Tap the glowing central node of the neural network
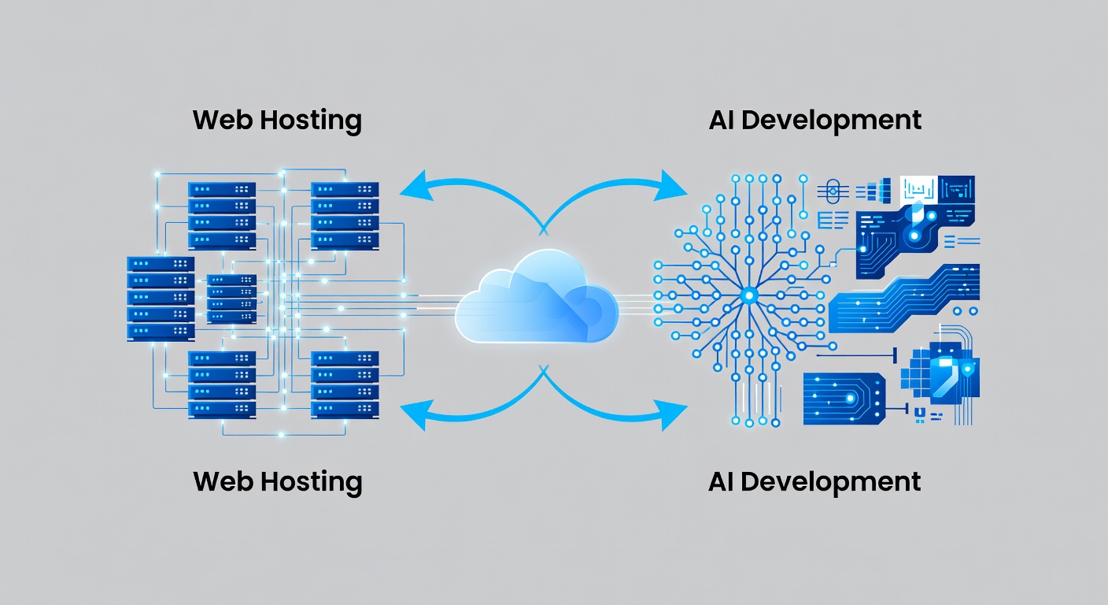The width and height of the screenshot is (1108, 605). [x=748, y=295]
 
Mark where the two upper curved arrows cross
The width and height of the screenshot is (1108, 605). [x=542, y=228]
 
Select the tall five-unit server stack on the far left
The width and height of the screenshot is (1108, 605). [x=161, y=299]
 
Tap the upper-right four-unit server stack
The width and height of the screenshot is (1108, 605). [x=345, y=216]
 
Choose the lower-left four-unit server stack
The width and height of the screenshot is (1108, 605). [x=221, y=384]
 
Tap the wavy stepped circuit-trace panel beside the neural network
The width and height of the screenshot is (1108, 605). [x=905, y=301]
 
